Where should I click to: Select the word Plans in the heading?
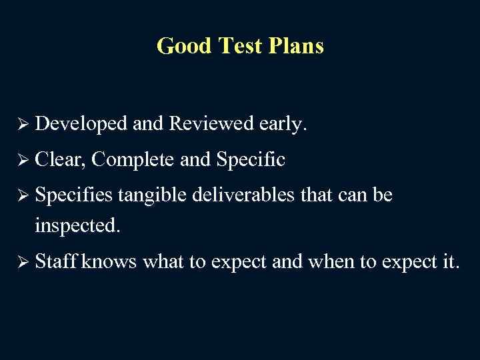click(295, 46)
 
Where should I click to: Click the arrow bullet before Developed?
click(23, 124)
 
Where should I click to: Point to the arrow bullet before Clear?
click(23, 160)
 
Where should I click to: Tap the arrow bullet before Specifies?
click(23, 195)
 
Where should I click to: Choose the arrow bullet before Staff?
click(23, 262)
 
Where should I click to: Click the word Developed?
click(81, 124)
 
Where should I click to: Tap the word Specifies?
click(74, 196)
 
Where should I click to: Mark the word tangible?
click(151, 196)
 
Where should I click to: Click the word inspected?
click(77, 226)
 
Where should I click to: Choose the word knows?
click(109, 262)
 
